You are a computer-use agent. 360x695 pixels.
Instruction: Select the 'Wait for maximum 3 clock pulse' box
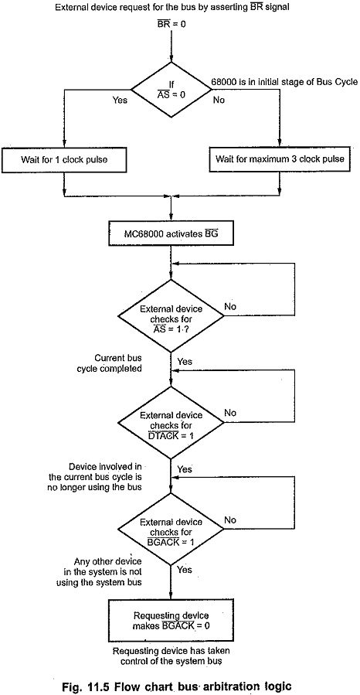[280, 159]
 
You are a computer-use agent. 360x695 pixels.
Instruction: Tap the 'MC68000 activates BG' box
[171, 234]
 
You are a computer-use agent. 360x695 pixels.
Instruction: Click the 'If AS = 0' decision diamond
[171, 90]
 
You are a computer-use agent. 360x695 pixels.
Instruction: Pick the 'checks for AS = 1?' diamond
[171, 315]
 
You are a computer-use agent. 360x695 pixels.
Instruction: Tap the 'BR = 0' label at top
[172, 23]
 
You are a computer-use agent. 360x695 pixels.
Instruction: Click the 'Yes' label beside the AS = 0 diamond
[120, 101]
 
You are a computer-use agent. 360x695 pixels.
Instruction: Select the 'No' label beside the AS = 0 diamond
[219, 101]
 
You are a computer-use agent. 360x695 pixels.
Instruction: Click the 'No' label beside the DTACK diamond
[230, 413]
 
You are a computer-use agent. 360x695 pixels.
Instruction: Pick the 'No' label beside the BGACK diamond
[230, 520]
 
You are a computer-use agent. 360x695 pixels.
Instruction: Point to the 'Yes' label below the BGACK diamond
[185, 570]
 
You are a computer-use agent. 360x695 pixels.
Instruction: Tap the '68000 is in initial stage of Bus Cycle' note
[284, 83]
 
